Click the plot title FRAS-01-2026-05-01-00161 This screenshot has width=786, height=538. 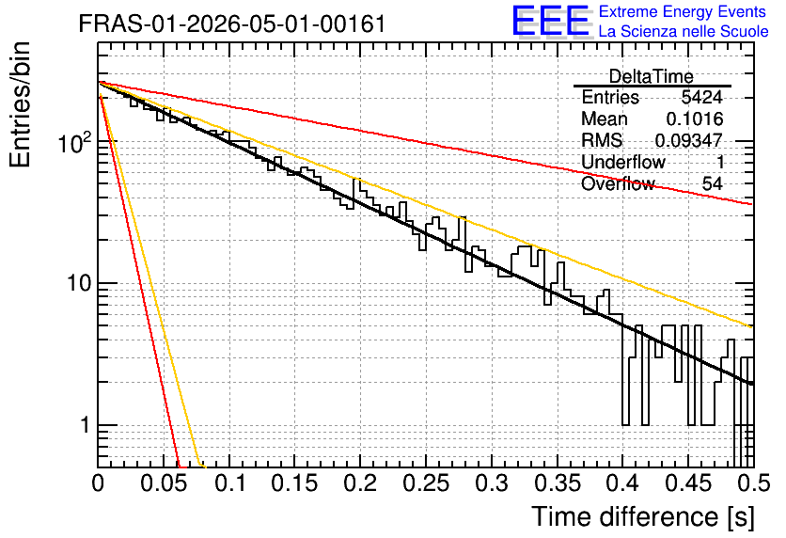(232, 24)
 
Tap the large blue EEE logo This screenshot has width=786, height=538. (550, 21)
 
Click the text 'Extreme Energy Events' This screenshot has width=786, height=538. (683, 11)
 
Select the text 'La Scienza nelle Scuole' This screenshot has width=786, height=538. (684, 31)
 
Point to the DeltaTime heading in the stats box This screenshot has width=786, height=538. (652, 76)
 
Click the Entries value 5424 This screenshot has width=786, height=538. (701, 97)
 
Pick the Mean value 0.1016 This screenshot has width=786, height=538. (695, 119)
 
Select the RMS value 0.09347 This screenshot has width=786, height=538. (689, 140)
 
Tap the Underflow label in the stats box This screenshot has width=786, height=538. (623, 162)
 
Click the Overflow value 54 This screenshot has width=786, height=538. (713, 183)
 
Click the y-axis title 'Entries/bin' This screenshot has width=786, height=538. (20, 104)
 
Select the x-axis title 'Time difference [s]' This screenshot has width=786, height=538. (643, 516)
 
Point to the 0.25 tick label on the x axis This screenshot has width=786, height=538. (426, 483)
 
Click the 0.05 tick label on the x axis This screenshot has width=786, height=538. (164, 483)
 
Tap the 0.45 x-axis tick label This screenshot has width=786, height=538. (688, 483)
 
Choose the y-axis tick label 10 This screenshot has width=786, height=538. (79, 284)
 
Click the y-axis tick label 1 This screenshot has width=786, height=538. (85, 425)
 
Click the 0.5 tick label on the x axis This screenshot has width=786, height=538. (753, 483)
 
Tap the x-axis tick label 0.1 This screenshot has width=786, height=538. (230, 483)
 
